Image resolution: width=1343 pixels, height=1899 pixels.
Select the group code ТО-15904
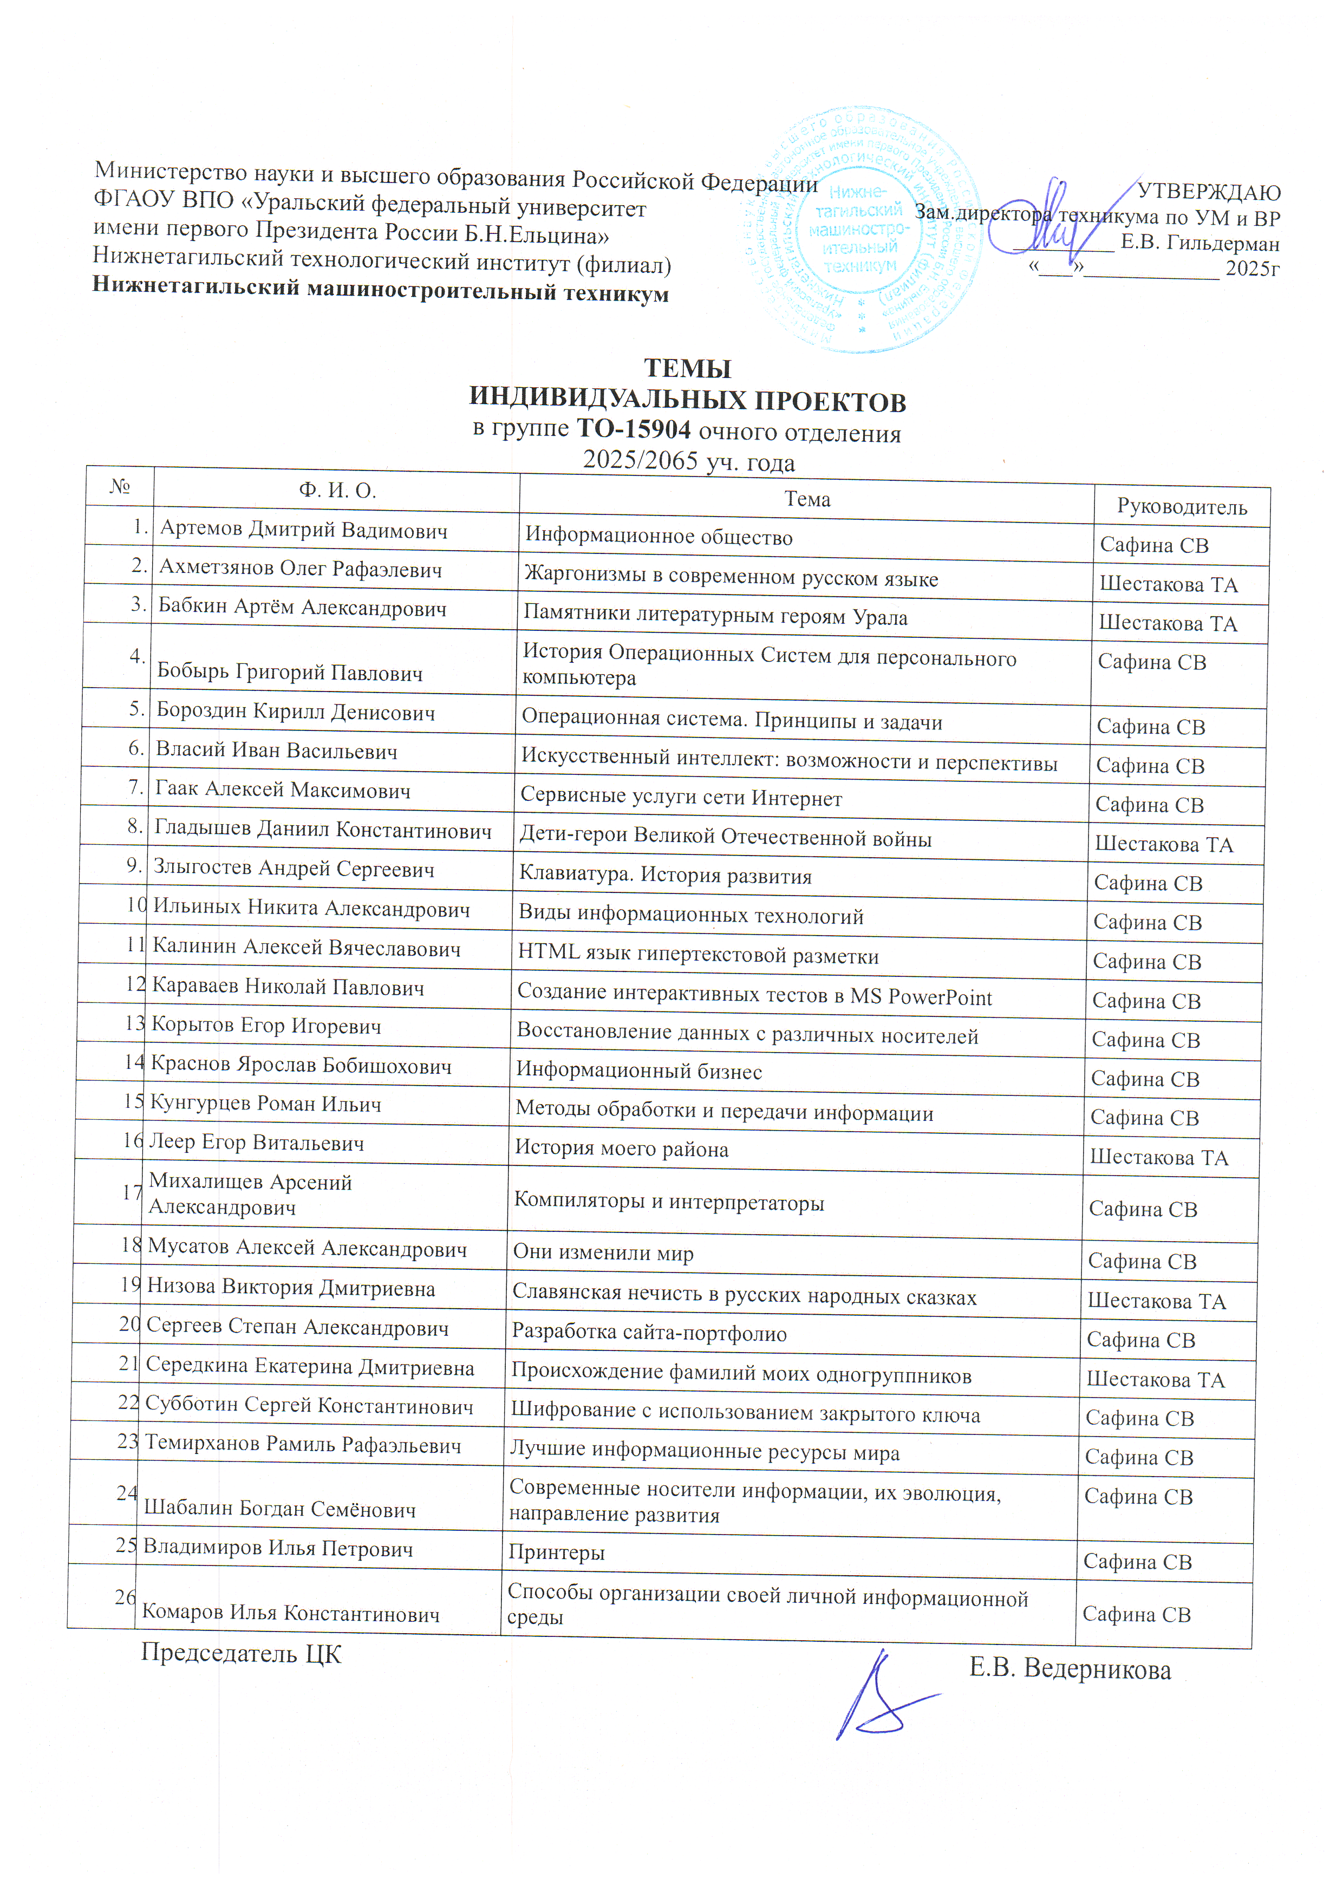[x=634, y=428]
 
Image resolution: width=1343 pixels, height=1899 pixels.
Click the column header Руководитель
[x=1181, y=507]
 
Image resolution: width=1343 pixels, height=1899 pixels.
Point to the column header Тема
[x=806, y=499]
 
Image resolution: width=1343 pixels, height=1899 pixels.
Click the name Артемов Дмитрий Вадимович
[x=303, y=530]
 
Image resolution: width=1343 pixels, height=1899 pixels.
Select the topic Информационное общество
[x=659, y=538]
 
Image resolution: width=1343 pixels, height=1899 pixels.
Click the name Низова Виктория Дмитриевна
[x=291, y=1287]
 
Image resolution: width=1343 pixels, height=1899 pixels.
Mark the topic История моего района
[x=621, y=1149]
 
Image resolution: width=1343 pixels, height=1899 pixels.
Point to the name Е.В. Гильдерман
[x=1200, y=244]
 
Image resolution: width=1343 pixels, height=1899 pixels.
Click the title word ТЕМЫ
[x=687, y=368]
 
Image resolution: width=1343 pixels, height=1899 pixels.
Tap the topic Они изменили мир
[x=603, y=1252]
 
